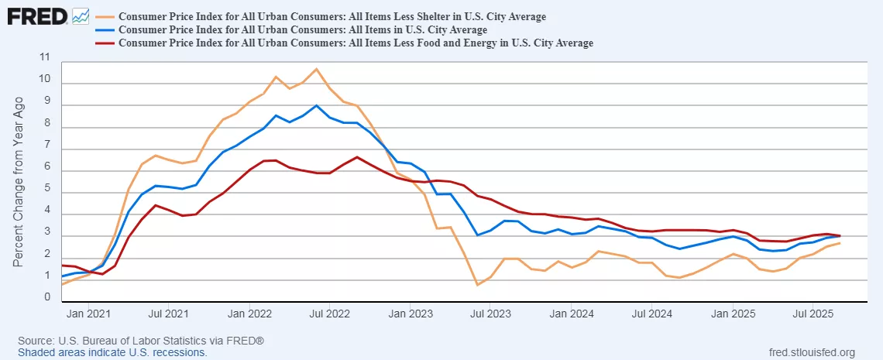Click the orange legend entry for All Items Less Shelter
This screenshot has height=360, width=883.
[332, 16]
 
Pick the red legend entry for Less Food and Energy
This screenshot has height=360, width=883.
[356, 43]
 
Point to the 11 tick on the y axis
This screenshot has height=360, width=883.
[44, 57]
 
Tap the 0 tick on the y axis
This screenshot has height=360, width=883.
[46, 297]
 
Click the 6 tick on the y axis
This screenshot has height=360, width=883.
[46, 166]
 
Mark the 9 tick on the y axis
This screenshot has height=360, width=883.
[46, 101]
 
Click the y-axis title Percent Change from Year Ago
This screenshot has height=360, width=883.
[19, 183]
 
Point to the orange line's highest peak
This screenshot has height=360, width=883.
[315, 69]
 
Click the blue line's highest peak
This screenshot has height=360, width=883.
[316, 105]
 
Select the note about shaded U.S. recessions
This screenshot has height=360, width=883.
[112, 352]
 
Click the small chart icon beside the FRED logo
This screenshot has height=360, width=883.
[80, 15]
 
